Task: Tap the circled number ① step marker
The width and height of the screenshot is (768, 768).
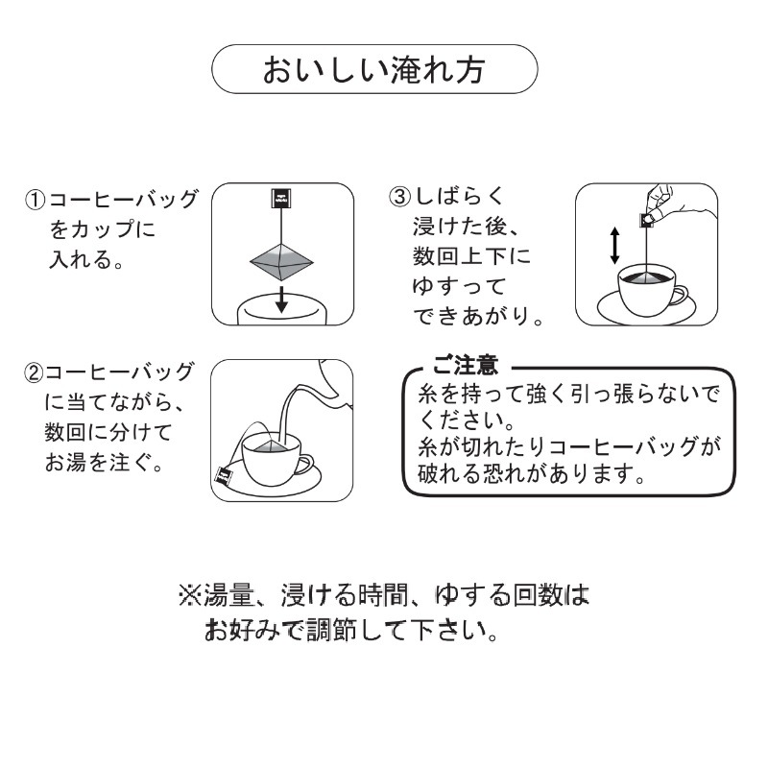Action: pos(36,202)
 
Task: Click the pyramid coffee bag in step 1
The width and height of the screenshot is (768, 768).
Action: pos(280,255)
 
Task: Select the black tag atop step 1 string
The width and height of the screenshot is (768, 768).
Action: pos(280,199)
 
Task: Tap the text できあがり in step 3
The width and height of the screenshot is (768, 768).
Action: pos(470,316)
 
